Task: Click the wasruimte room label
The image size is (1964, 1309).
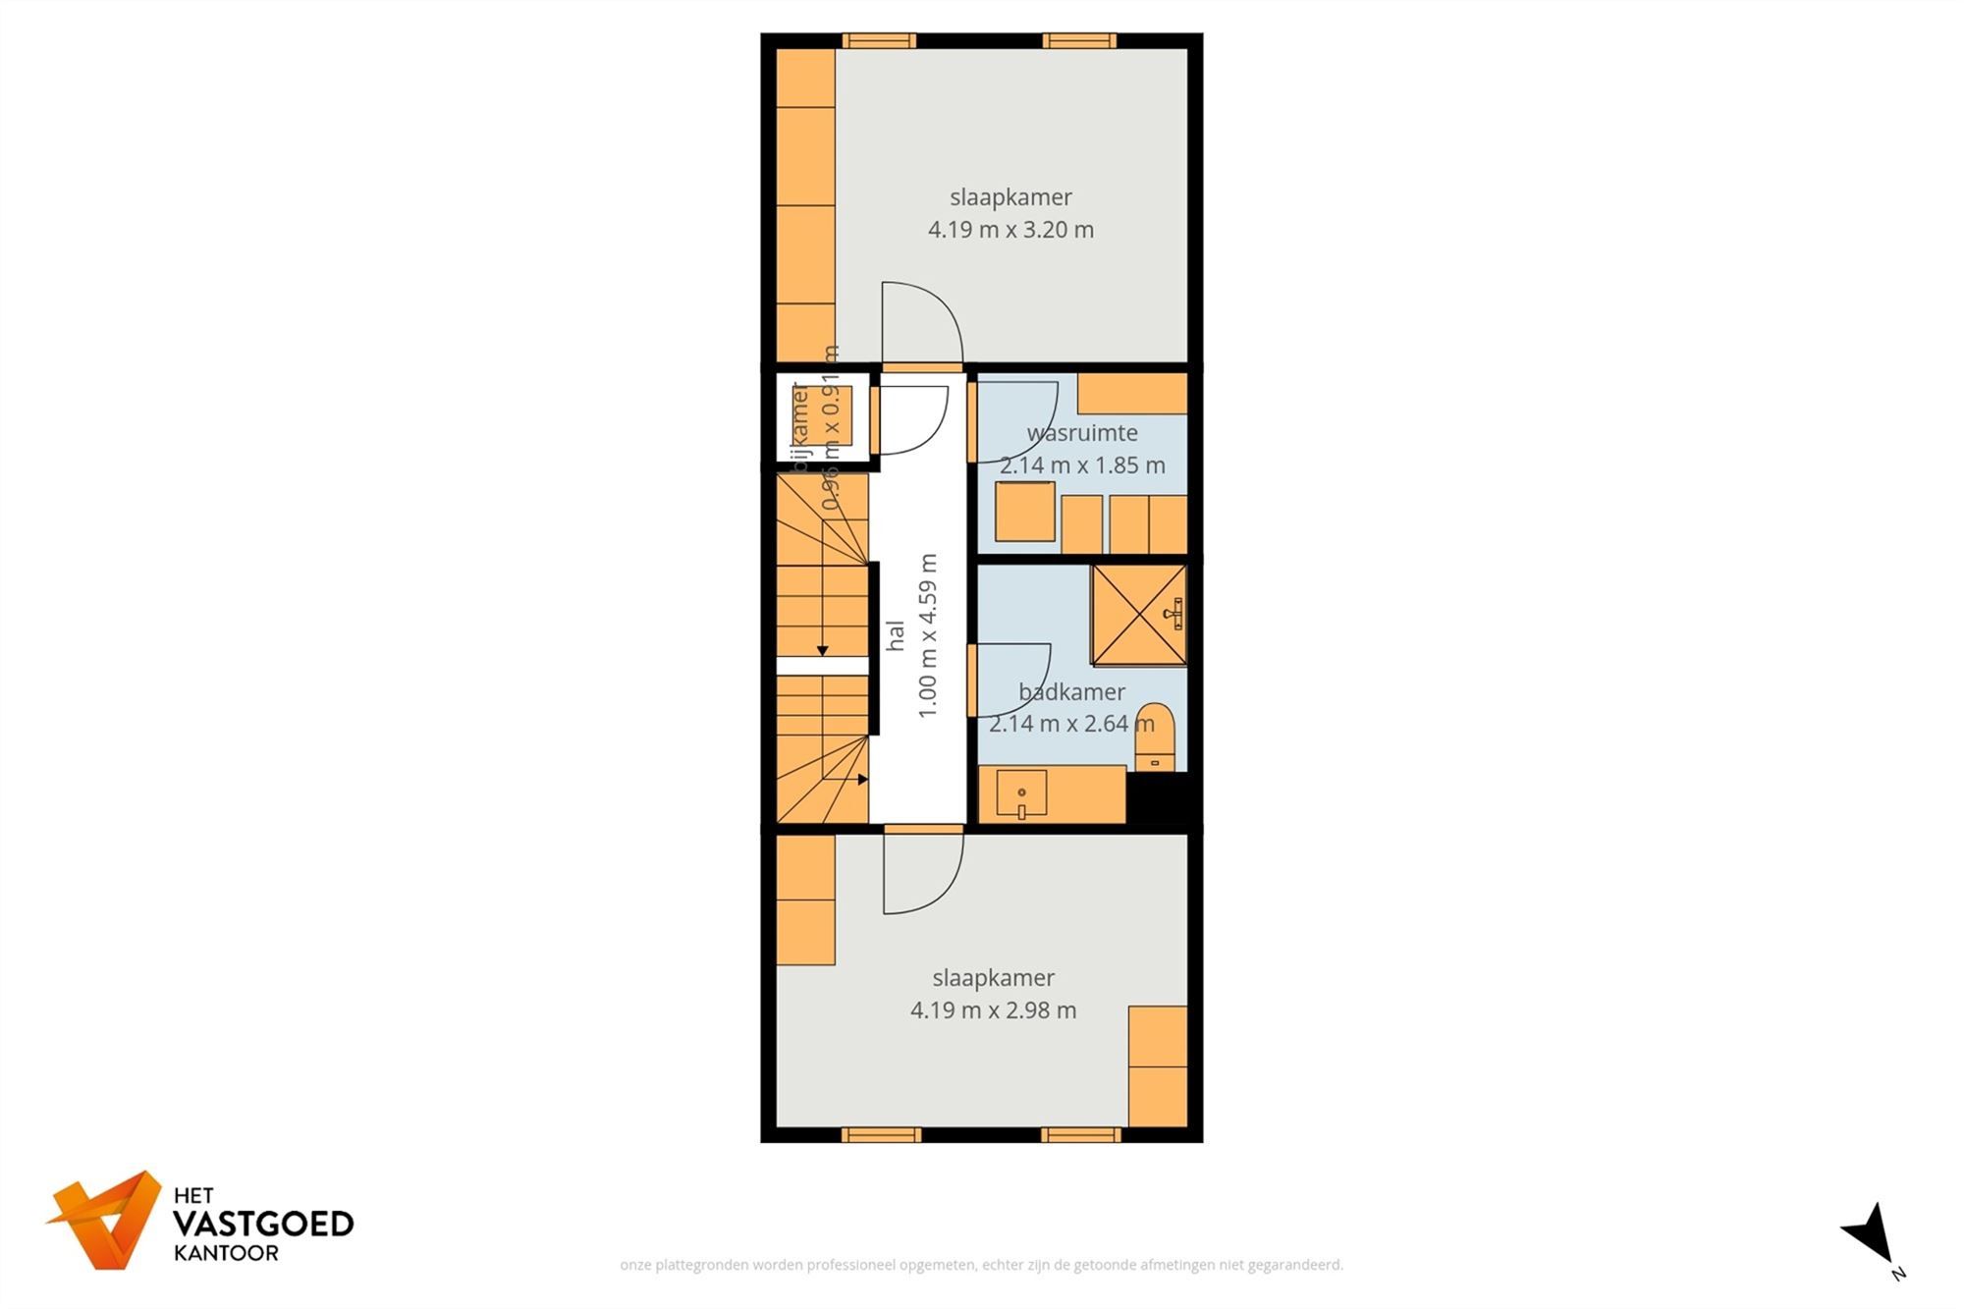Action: (x=1082, y=433)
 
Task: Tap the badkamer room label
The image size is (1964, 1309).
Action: (x=1071, y=692)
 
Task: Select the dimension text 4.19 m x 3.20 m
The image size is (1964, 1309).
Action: (x=1010, y=230)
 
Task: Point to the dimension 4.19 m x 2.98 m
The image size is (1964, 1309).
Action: (x=993, y=1010)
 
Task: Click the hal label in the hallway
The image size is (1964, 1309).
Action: (x=896, y=635)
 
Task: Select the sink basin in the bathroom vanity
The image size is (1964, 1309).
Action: (x=1021, y=793)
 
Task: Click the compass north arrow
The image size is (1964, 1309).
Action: (x=1872, y=1239)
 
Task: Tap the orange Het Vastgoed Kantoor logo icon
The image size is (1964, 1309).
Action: (x=105, y=1219)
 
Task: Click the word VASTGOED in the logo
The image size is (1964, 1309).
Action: (x=263, y=1225)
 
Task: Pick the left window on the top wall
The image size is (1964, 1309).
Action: (x=879, y=41)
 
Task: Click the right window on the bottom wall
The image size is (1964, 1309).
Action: (x=1080, y=1135)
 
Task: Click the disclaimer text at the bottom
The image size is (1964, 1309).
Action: (x=981, y=1265)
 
